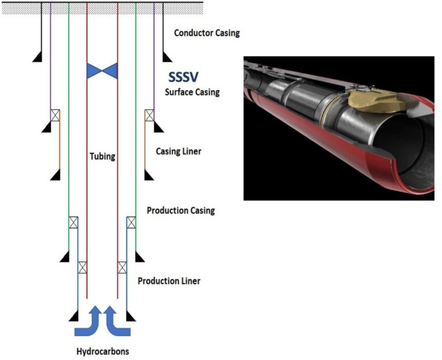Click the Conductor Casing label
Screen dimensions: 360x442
pos(207,33)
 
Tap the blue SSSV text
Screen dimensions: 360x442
pos(182,76)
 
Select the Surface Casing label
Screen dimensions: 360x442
pos(192,92)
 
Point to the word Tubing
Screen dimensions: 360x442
pos(102,156)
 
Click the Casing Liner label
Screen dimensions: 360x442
pos(178,152)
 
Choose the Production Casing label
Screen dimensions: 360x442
pos(181,210)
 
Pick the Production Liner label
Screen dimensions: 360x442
pos(169,281)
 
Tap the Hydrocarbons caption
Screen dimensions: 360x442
pos(102,351)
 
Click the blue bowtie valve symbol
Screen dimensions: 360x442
pos(102,71)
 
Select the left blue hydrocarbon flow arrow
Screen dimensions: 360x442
pos(87,321)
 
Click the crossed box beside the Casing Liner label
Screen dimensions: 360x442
pos(149,115)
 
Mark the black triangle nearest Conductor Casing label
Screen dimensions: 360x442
pos(167,56)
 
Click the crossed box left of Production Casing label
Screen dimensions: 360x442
pos(131,223)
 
